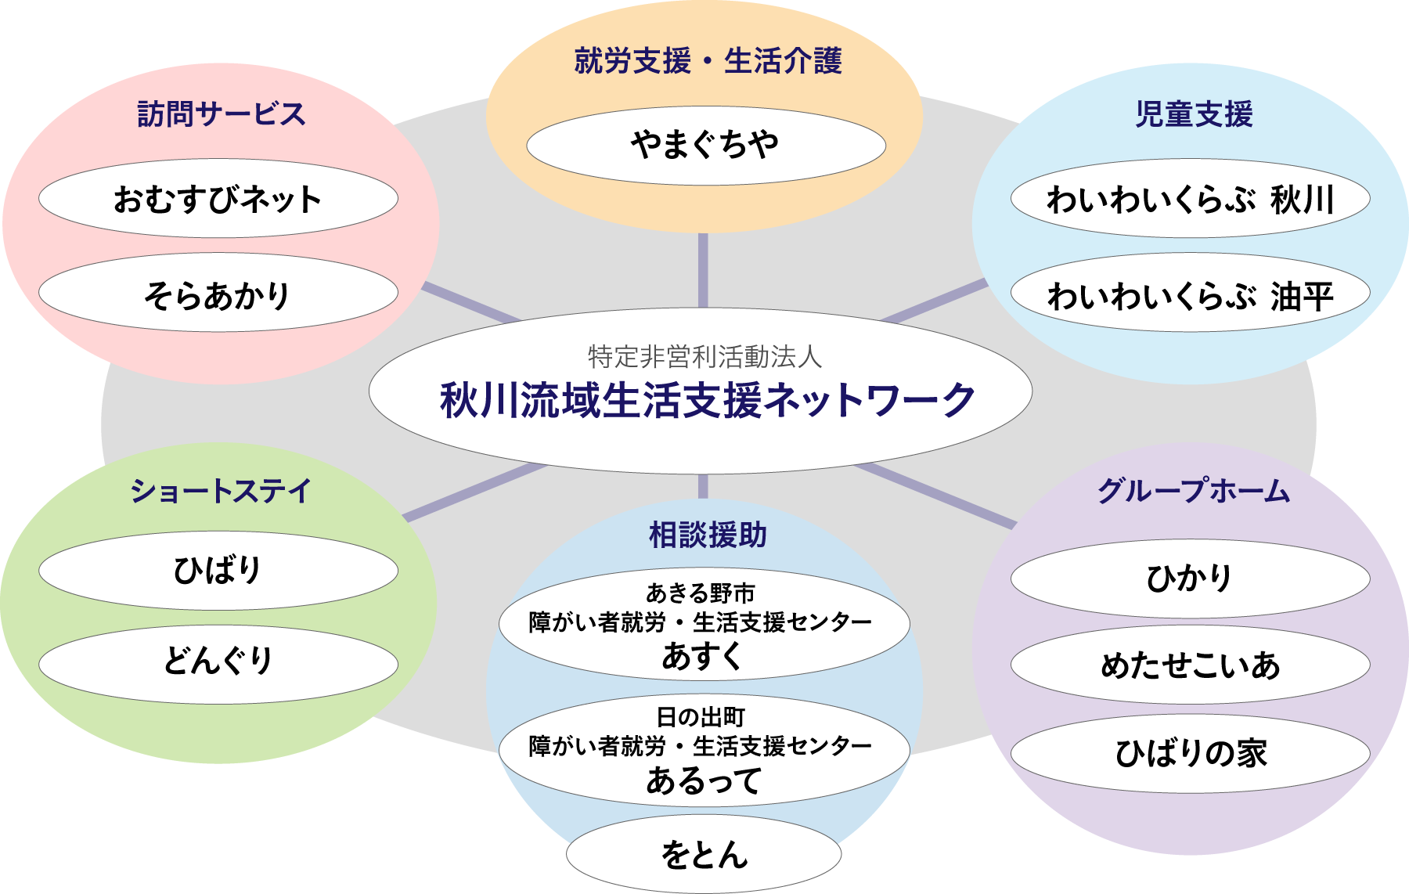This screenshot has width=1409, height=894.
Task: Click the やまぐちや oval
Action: [705, 146]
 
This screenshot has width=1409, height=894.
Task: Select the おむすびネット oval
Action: [218, 199]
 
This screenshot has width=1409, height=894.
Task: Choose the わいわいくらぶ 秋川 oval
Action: [1190, 199]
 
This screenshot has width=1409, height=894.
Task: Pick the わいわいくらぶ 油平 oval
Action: [1190, 294]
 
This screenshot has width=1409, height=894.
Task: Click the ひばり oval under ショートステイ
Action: [218, 570]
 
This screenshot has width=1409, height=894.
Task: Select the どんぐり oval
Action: [218, 662]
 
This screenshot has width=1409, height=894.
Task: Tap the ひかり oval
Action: [1190, 579]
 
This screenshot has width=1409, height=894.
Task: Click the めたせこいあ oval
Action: [1190, 665]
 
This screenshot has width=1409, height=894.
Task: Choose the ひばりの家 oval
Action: [1190, 753]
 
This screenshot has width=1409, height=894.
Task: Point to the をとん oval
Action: [704, 855]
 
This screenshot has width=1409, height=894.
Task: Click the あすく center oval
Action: [704, 625]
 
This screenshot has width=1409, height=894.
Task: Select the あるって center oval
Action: [704, 750]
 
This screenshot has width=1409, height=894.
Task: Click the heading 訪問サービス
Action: [221, 114]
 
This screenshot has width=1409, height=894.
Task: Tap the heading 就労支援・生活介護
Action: [708, 60]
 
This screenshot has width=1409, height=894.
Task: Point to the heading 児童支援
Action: [1194, 114]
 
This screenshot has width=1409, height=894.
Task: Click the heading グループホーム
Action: [1193, 491]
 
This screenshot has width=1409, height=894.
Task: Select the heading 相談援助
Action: [708, 535]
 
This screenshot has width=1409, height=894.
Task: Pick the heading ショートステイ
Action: [221, 491]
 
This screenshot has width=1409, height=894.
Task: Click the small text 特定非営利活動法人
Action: [704, 357]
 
